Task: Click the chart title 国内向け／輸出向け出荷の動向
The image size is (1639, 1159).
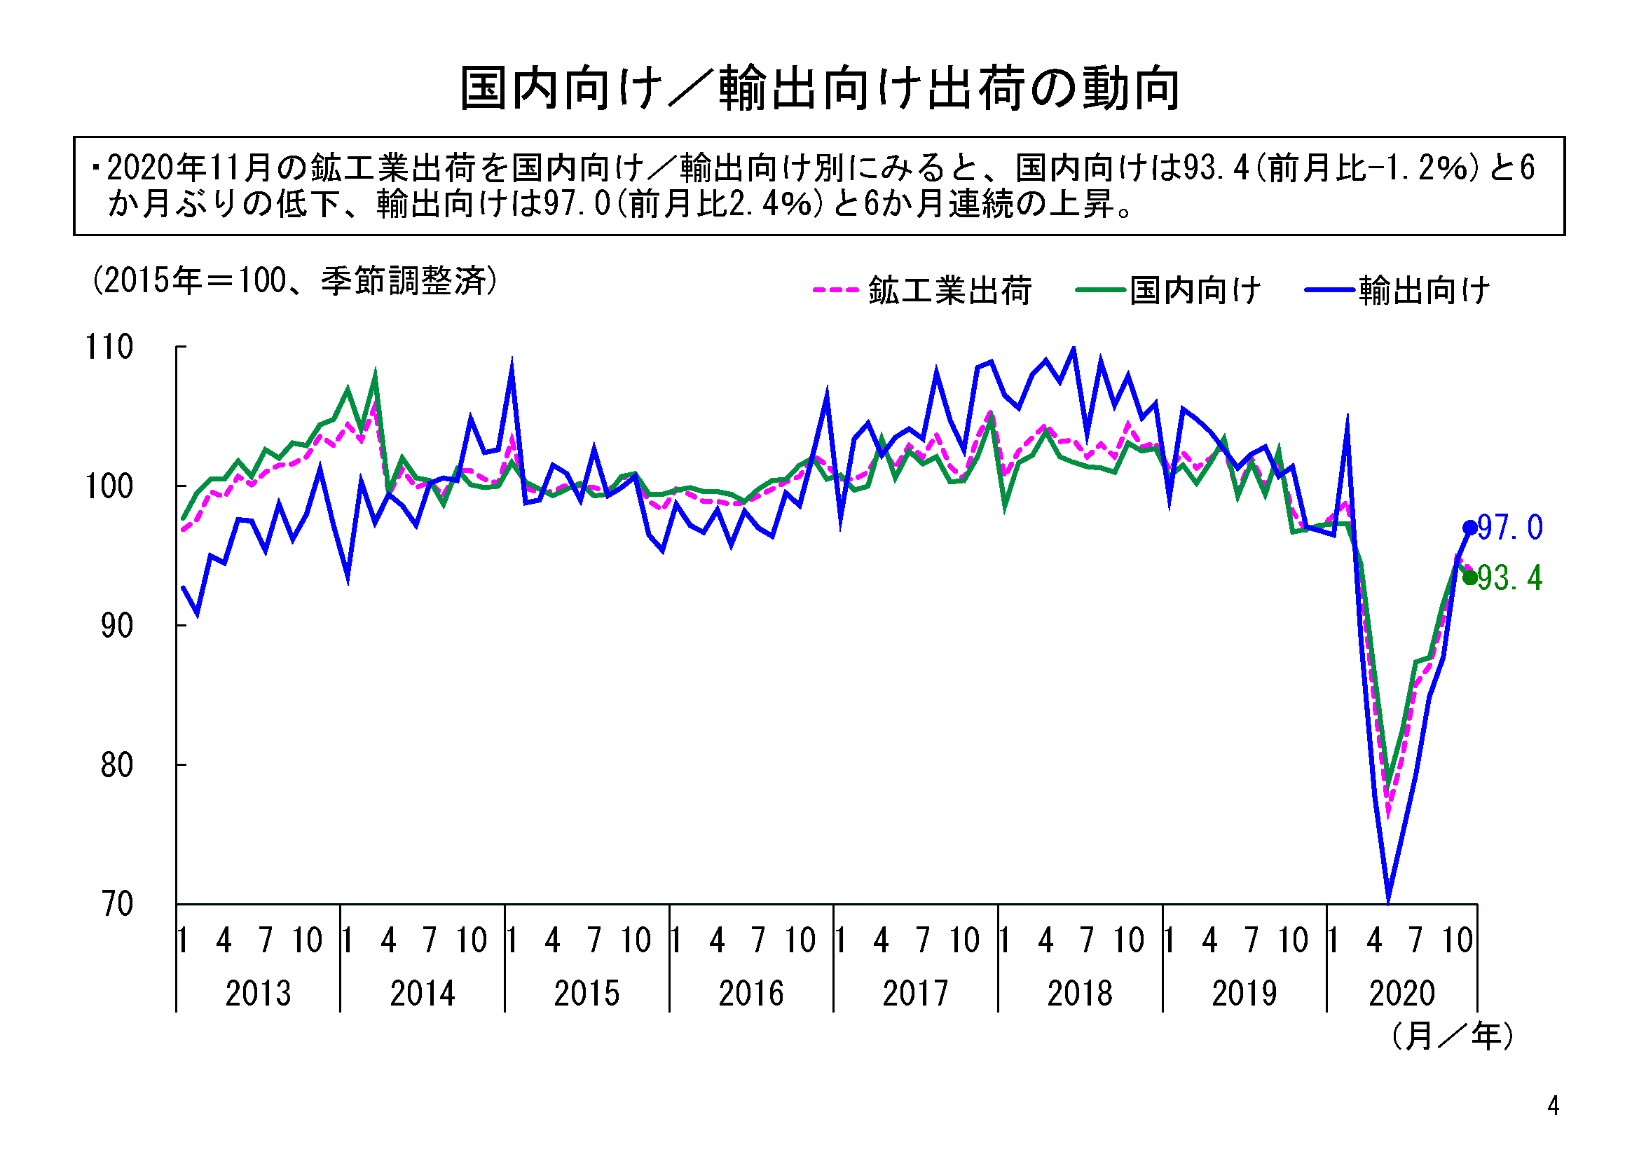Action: coord(820,88)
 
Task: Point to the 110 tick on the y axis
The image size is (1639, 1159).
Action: coord(109,348)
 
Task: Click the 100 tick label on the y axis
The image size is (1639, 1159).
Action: coord(109,487)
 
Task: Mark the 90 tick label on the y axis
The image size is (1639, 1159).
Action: coord(116,626)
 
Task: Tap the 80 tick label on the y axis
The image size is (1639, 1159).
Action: coord(116,765)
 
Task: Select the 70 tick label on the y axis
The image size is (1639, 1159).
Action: coord(116,904)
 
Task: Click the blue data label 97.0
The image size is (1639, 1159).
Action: coord(1510,528)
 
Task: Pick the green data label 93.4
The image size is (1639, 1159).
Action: coord(1510,578)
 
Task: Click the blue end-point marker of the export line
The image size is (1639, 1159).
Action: coord(1470,528)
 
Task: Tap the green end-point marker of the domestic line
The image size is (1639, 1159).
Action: coord(1470,577)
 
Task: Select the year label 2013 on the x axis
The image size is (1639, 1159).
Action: coord(259,994)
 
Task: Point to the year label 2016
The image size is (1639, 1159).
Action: coord(751,994)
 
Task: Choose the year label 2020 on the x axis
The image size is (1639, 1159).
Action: coord(1402,994)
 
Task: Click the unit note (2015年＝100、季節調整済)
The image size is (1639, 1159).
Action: coord(294,281)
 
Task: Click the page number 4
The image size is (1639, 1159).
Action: coord(1553,1106)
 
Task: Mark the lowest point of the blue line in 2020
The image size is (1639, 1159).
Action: coord(1388,901)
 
